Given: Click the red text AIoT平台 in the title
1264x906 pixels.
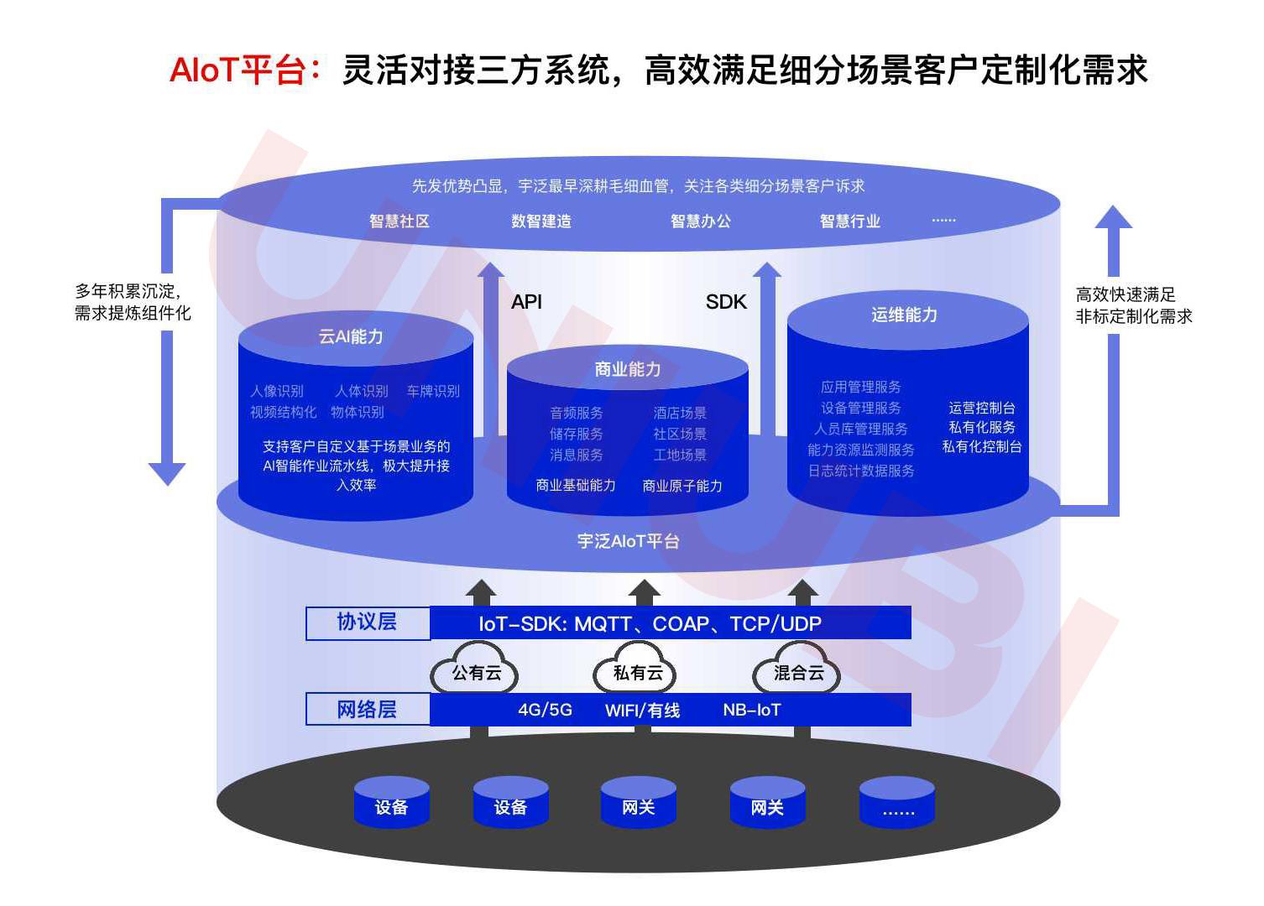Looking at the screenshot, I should pos(238,70).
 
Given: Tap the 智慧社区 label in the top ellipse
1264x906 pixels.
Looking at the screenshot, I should pos(400,221).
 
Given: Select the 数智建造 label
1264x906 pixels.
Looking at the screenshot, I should pos(541,221).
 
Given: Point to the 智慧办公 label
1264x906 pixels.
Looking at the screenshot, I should pos(701,221).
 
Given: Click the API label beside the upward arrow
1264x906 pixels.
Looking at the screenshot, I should pos(527,302).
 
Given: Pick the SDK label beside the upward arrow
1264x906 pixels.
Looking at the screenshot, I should pos(726,302).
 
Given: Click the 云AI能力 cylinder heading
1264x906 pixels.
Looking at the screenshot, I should pos(351,336).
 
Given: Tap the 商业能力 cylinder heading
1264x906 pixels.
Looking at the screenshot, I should pos(628,369).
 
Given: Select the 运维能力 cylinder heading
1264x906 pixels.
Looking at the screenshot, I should pos(904,315).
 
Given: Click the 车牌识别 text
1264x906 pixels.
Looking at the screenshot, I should pos(433,391).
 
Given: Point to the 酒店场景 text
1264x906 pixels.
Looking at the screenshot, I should pos(680,413).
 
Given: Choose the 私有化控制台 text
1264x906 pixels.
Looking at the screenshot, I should pos(982,446).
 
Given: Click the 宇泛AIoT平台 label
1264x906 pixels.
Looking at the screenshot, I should pos(628,541).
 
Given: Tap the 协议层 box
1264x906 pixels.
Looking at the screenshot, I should pos(367,622).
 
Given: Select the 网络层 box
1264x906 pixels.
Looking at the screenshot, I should pos(367,710).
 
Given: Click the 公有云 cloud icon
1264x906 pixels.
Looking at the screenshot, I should pos(476,671).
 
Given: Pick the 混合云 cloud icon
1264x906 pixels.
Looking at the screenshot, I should pos(798,671).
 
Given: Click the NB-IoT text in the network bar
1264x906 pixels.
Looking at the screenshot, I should pos(752,711).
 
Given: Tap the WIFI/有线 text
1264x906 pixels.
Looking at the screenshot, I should pos(642,711).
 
